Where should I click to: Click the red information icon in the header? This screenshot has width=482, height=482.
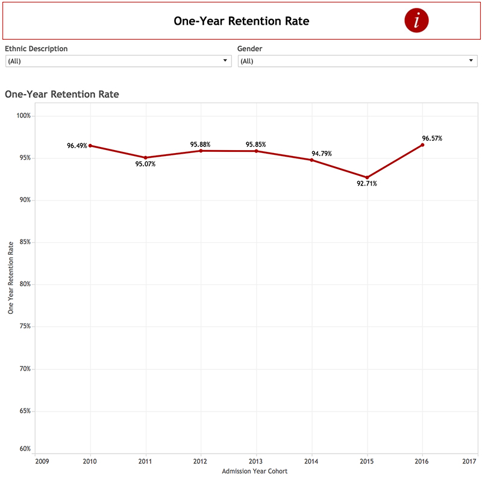point(416,20)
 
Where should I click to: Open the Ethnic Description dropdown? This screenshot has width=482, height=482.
point(118,61)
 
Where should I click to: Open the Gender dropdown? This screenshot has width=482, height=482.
point(357,61)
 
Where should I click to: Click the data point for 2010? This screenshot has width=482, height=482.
point(90,146)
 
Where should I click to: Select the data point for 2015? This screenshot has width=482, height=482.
point(367,178)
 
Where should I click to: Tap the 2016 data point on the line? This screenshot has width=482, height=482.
point(422,145)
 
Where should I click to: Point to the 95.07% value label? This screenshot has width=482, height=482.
point(145,164)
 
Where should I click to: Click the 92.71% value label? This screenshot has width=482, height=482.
point(366,184)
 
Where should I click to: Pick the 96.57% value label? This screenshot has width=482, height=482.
point(432,138)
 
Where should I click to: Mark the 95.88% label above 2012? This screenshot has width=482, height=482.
point(200,145)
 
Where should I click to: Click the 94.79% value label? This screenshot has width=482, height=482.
point(321,153)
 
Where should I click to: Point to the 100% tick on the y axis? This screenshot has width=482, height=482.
point(23,116)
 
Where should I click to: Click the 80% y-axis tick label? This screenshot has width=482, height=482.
point(24,284)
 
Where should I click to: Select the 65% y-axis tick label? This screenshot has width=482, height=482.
point(24,411)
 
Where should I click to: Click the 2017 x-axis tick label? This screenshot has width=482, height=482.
point(469,461)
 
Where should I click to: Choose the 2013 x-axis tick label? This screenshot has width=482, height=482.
point(256,461)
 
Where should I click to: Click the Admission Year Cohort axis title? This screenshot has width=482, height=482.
point(254,471)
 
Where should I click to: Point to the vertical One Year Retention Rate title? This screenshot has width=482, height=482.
point(10,278)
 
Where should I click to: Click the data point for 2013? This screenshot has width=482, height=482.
point(256,151)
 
